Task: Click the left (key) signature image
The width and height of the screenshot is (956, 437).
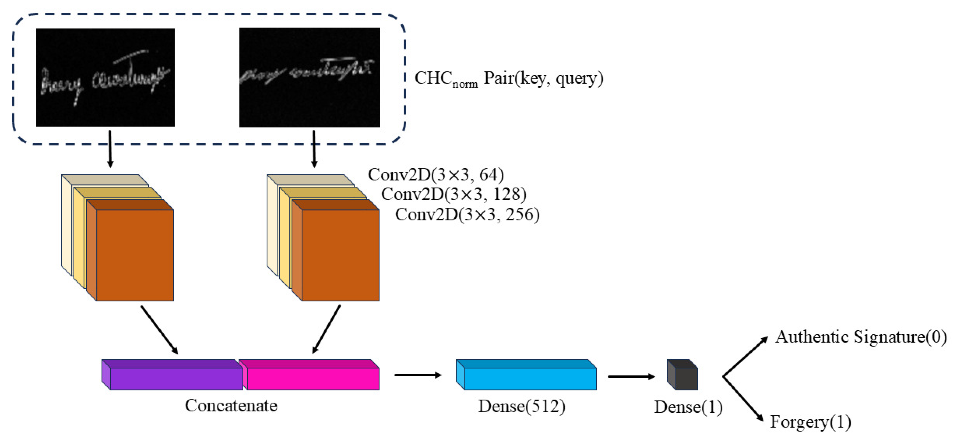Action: coord(105,77)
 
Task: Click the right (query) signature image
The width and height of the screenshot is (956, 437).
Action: coord(310,77)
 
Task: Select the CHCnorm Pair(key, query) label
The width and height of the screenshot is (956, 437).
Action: coord(508,79)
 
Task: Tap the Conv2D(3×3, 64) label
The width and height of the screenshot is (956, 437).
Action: coord(436,175)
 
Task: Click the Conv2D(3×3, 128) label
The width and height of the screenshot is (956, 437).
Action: coord(453,194)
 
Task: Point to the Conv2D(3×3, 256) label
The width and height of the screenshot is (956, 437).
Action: coord(467,215)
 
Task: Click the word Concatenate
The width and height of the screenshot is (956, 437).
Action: coord(231,405)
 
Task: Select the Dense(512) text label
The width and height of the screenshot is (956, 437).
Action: coord(522,406)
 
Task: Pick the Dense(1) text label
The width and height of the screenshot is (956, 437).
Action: coord(688,407)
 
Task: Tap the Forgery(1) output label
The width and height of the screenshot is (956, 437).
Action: coord(810,422)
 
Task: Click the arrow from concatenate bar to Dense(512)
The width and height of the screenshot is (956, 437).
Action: coord(418,375)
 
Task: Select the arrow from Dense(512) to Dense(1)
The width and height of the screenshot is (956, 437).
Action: coord(631,377)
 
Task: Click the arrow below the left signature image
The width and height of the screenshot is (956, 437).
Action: coord(110,149)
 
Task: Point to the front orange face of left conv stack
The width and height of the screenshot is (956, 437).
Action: coord(135,255)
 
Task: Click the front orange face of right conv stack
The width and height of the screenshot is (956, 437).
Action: coord(340,255)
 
